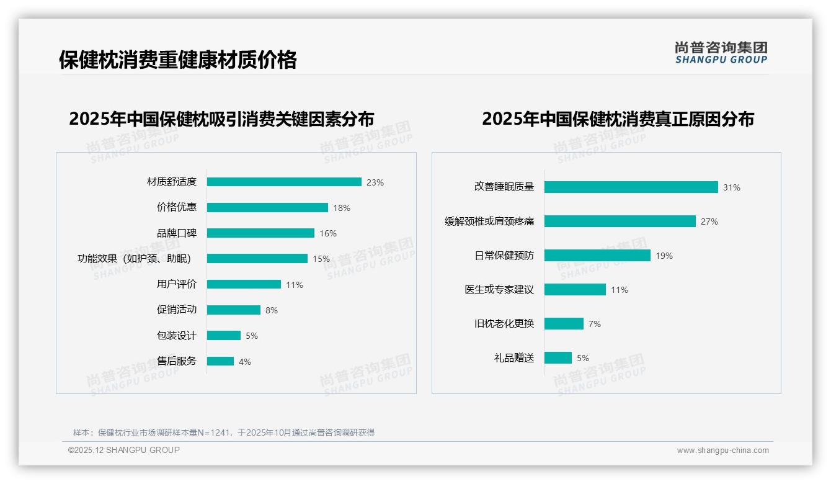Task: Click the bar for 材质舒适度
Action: point(284,182)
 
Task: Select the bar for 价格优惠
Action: point(267,208)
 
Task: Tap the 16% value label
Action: point(328,233)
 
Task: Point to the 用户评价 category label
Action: point(176,284)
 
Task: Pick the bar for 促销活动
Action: point(234,310)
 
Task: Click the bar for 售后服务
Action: point(220,361)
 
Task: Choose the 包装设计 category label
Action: point(176,335)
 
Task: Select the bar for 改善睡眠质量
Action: point(631,187)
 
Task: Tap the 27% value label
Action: point(709,222)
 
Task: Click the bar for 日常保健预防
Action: point(597,256)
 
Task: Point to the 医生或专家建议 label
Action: point(499,290)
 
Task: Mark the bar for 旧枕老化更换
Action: point(564,324)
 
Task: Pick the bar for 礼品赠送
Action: point(558,358)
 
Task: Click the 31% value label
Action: point(731,187)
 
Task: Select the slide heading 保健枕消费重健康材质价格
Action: point(178,60)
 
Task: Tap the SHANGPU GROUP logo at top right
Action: point(721,53)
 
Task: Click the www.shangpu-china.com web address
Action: point(722,450)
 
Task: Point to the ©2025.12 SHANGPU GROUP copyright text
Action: point(124,450)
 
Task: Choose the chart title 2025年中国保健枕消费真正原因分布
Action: point(618,119)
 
